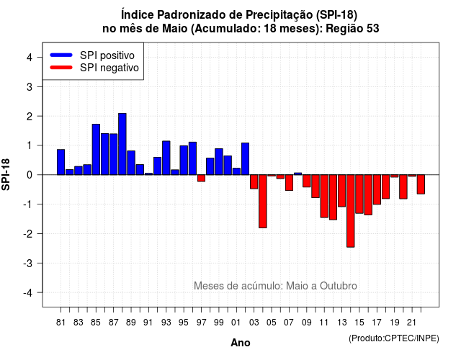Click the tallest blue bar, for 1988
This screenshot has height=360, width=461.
pos(122,144)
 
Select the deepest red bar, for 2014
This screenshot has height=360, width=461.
pos(351,211)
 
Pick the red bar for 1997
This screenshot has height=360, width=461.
pos(202,178)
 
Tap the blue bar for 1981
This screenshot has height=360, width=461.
pos(61,162)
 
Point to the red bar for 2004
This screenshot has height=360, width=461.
pos(263,202)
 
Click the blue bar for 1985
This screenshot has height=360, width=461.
pos(96,149)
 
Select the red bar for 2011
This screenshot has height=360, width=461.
pos(324,196)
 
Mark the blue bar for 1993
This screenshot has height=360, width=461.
pos(166,158)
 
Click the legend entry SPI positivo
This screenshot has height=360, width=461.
pos(92,55)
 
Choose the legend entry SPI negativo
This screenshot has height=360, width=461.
pos(94,68)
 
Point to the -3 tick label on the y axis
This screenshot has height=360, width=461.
pos(28,263)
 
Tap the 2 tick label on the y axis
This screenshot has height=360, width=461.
pos(30,117)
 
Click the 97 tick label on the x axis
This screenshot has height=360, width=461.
pos(202,323)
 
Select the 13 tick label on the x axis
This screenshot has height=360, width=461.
pos(342,323)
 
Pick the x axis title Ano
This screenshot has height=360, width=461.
pos(241,343)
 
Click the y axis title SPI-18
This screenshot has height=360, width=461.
pos(6,174)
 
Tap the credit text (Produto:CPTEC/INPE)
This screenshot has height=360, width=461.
pos(394,338)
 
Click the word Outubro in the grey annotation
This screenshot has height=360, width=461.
pos(339,286)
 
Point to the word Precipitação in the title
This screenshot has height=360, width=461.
pos(279,14)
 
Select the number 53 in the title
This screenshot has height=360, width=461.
pos(373,29)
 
